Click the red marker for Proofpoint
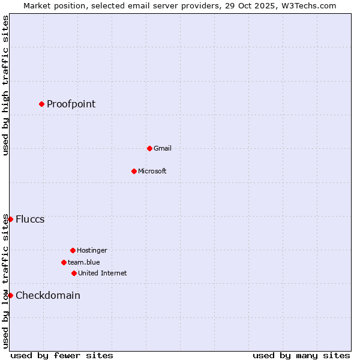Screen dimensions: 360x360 click(41, 104)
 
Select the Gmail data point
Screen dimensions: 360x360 click(149, 148)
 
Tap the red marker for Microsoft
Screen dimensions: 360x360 click(134, 171)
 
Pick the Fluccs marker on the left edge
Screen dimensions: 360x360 click(10, 219)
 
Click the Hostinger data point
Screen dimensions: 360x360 click(73, 250)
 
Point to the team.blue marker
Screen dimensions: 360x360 click(64, 262)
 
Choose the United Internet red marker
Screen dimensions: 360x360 click(74, 273)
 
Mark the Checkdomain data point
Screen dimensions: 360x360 click(10, 295)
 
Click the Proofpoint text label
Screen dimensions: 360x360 click(71, 104)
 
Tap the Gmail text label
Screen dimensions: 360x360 click(163, 148)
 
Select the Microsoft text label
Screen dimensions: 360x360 click(152, 171)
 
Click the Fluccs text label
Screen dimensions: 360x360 click(30, 219)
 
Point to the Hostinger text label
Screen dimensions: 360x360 click(92, 250)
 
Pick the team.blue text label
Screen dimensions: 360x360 click(84, 262)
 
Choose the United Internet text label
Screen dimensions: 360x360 click(103, 273)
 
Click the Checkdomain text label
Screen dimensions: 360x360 click(48, 295)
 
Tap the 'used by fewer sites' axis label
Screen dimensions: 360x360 click(62, 355)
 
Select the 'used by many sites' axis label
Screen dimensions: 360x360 click(301, 355)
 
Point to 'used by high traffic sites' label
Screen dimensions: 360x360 click(5, 85)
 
